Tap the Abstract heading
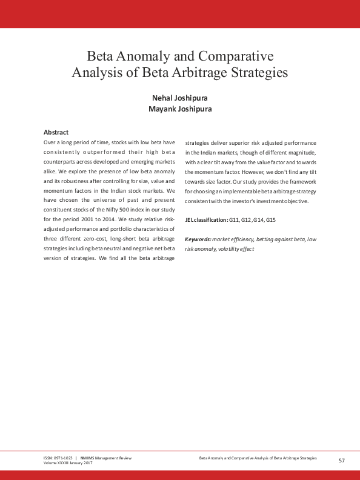56,132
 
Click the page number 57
342,461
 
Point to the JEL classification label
207,219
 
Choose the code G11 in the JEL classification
235,219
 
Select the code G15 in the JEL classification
271,219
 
